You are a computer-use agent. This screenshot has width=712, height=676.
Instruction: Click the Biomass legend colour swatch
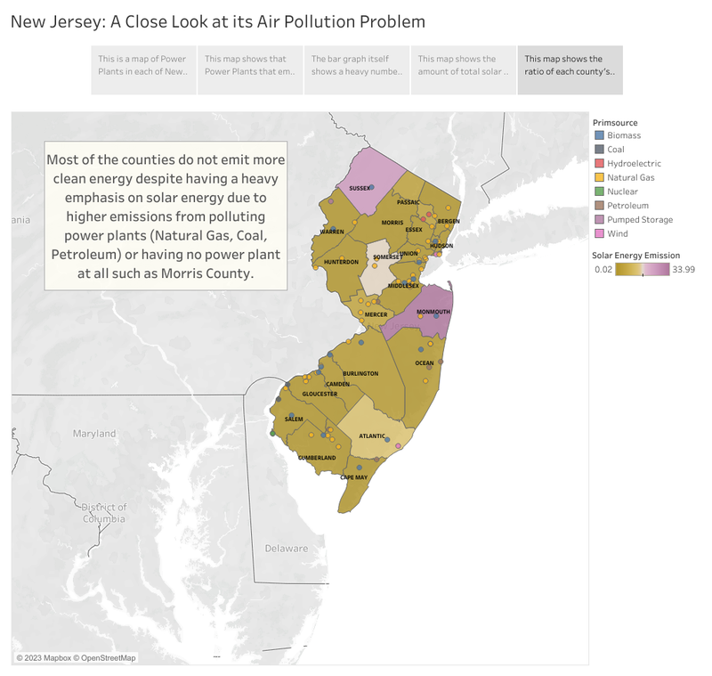[x=599, y=135]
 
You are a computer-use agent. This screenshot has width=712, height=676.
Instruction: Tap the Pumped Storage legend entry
[x=639, y=219]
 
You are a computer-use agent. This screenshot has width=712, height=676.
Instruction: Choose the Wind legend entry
[x=617, y=233]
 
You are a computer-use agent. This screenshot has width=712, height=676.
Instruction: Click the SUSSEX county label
[x=360, y=189]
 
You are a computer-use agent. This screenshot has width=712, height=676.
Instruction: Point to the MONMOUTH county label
[x=433, y=312]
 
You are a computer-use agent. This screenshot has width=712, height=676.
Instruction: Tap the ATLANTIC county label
[x=372, y=436]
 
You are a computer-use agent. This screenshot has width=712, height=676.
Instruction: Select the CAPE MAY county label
[x=353, y=477]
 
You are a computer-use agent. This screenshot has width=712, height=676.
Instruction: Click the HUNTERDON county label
[x=341, y=262]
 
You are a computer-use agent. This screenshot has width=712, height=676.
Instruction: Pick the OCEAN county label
[x=425, y=363]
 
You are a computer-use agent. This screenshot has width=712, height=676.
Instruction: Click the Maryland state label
[x=94, y=434]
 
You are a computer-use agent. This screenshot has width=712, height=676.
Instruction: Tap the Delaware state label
[x=286, y=548]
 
